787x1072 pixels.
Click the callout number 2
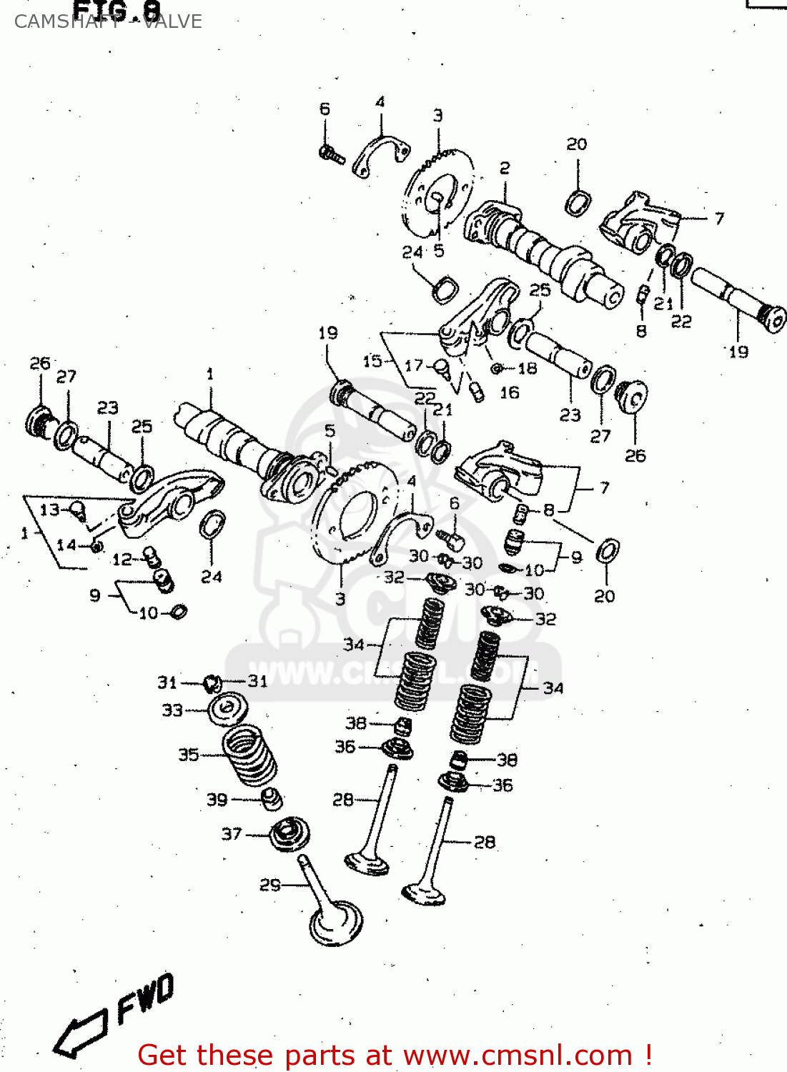[x=505, y=168]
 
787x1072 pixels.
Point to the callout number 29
[x=269, y=885]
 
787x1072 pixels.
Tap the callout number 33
[x=172, y=710]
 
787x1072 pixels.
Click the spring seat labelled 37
[x=289, y=834]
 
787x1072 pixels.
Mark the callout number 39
[x=217, y=800]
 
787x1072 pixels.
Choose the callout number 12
[x=122, y=559]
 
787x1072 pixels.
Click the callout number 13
[x=49, y=510]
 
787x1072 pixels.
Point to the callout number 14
[x=66, y=545]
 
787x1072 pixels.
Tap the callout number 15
[x=372, y=361]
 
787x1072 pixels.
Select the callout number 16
[x=509, y=392]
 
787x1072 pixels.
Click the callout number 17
[x=414, y=366]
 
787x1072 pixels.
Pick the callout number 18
[x=527, y=368]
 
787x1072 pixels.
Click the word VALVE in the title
[x=172, y=21]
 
